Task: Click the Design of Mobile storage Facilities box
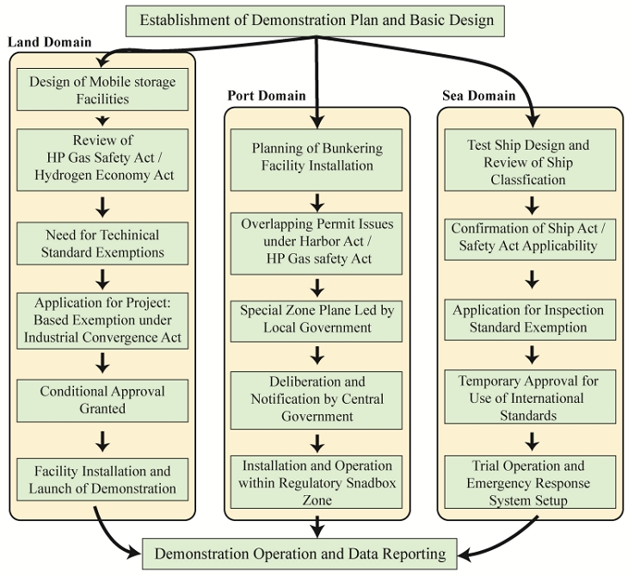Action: point(102,90)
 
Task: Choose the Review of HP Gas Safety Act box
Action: point(102,159)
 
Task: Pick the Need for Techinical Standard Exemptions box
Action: point(102,243)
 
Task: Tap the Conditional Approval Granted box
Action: point(102,399)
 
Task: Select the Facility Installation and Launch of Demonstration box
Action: point(102,480)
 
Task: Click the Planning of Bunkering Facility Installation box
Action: point(316,156)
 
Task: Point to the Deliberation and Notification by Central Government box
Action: point(316,399)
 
